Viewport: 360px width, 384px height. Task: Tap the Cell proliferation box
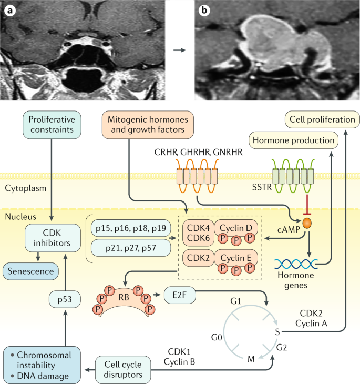[320, 120]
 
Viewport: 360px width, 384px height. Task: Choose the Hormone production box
[293, 140]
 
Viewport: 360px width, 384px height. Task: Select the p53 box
[65, 300]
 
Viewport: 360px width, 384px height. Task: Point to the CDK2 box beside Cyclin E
[196, 258]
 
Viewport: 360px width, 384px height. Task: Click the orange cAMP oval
[305, 224]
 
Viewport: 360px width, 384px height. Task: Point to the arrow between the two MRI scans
[180, 50]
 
